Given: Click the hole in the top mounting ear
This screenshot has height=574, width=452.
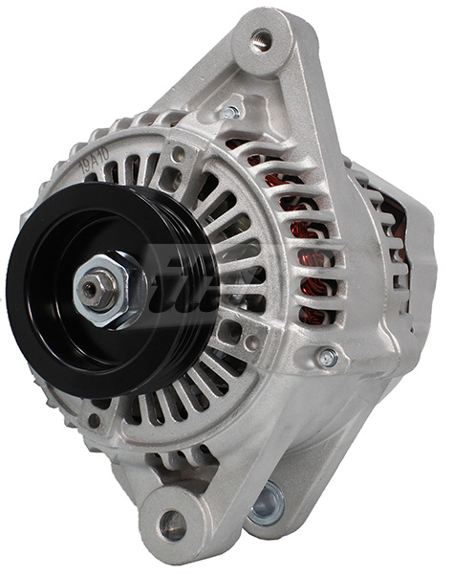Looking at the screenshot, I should [261, 40].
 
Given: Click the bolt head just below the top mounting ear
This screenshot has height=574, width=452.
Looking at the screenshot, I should [229, 113].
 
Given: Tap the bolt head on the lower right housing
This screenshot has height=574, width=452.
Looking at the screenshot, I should [328, 359].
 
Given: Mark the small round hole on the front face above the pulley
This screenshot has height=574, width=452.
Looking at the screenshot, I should [178, 153].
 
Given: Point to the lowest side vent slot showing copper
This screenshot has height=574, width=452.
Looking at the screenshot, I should [314, 315].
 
